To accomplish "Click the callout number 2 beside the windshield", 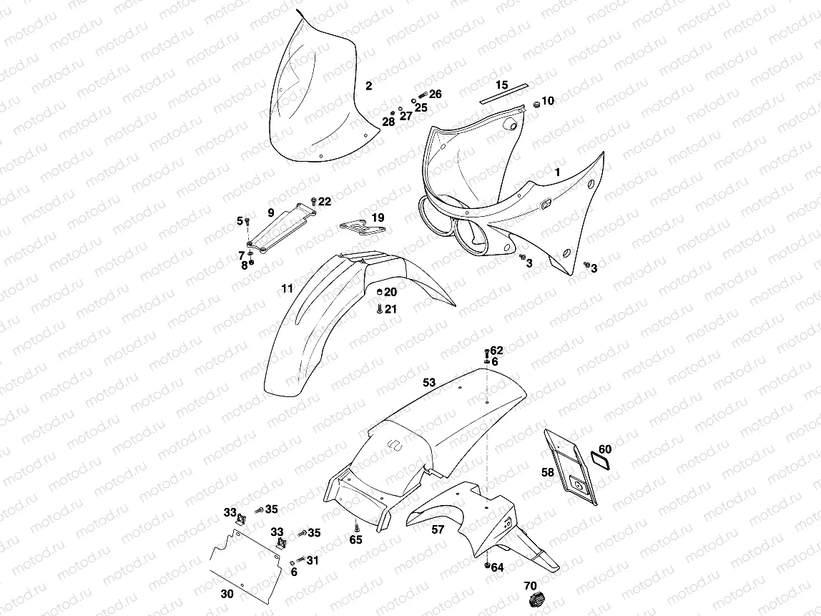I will (x=368, y=87).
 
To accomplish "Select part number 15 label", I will (x=501, y=85).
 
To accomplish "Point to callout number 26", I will (x=435, y=94).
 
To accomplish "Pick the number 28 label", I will (x=388, y=122).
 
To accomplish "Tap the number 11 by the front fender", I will (x=287, y=289).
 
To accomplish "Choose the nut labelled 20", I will (x=380, y=293).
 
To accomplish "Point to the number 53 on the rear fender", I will (x=428, y=383).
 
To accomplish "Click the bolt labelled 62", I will (x=487, y=352).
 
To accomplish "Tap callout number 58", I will (x=547, y=473).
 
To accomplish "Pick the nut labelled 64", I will (x=487, y=567).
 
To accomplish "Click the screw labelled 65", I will (x=355, y=527).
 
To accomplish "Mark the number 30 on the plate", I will (x=227, y=593).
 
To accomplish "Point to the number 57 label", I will (x=438, y=530).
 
